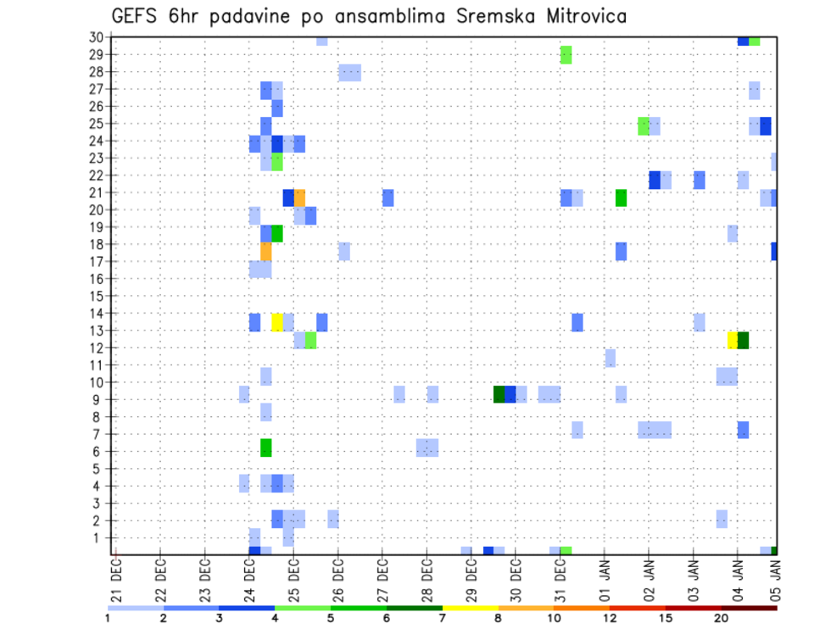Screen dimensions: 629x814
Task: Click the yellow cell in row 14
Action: coord(277,322)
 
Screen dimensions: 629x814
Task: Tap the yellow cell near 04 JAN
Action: coord(733,340)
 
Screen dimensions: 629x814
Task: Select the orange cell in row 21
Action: coord(299,198)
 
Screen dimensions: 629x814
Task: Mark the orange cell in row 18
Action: coord(266,252)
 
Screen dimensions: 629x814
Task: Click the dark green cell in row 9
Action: coord(499,394)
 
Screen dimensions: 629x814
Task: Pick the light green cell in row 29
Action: coord(566,55)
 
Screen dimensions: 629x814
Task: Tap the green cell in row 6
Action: coord(266,447)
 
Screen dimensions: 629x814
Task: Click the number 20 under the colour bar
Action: coord(721,618)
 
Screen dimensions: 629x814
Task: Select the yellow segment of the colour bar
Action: coord(470,608)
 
